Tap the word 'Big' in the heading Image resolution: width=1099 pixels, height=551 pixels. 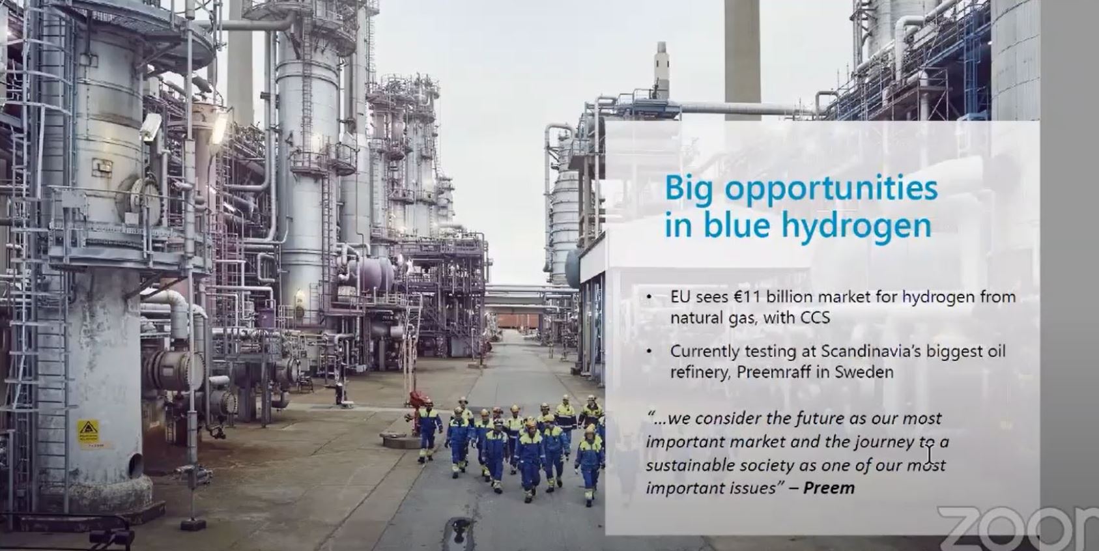[690, 189]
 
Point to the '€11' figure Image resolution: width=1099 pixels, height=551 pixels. [747, 297]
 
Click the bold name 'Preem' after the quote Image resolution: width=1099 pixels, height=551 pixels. [829, 488]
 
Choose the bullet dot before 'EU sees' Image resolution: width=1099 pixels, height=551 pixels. [649, 298]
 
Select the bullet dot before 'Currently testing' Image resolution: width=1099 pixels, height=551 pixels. [649, 352]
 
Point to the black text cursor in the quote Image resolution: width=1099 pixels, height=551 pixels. [930, 452]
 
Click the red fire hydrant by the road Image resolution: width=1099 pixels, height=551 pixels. [415, 410]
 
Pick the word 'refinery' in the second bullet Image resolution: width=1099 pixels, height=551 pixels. [695, 373]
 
